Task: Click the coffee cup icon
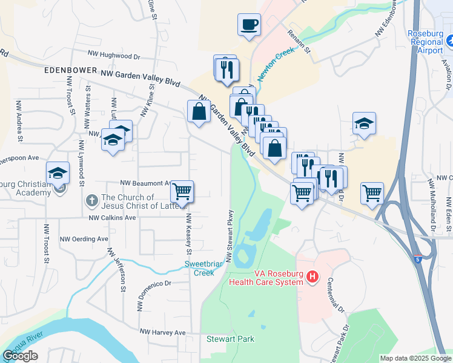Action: tap(249, 25)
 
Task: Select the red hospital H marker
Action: tap(312, 278)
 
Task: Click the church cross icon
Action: tap(91, 199)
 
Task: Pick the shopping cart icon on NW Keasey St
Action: tap(182, 192)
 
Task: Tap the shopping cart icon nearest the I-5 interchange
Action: tap(372, 194)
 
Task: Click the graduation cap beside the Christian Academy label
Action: tap(58, 173)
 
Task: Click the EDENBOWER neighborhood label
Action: tap(71, 70)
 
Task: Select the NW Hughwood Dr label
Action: tap(114, 56)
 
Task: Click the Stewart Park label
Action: tap(230, 339)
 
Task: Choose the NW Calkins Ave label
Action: tap(113, 218)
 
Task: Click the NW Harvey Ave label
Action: tap(163, 332)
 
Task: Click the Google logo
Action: tap(21, 356)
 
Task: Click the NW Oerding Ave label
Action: tap(84, 238)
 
